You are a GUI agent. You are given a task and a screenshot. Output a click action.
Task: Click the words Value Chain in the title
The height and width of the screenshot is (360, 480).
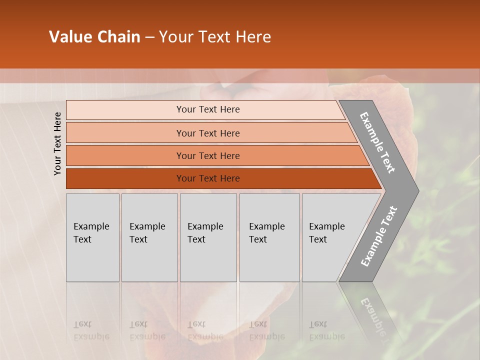(94, 37)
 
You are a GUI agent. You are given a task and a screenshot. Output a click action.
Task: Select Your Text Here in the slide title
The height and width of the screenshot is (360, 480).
(215, 37)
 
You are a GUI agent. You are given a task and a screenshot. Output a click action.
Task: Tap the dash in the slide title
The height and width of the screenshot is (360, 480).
(149, 37)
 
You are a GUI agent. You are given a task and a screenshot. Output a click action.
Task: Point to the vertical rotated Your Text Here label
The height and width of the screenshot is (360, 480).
(57, 143)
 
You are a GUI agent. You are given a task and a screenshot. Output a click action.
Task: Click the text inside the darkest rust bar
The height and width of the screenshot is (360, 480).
(208, 178)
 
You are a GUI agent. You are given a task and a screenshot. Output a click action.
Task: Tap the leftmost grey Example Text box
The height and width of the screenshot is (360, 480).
(92, 237)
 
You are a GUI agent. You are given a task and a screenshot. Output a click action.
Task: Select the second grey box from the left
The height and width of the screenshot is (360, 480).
(149, 237)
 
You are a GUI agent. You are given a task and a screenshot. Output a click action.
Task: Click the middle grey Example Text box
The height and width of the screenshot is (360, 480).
(208, 237)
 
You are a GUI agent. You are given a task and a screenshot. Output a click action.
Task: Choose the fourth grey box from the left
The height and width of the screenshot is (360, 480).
(269, 237)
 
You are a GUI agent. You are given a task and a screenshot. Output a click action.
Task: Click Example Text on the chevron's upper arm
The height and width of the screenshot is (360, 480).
(377, 142)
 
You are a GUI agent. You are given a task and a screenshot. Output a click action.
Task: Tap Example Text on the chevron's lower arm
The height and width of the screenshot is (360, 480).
(378, 236)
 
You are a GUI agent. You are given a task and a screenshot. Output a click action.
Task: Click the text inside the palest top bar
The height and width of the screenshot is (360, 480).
(208, 109)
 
